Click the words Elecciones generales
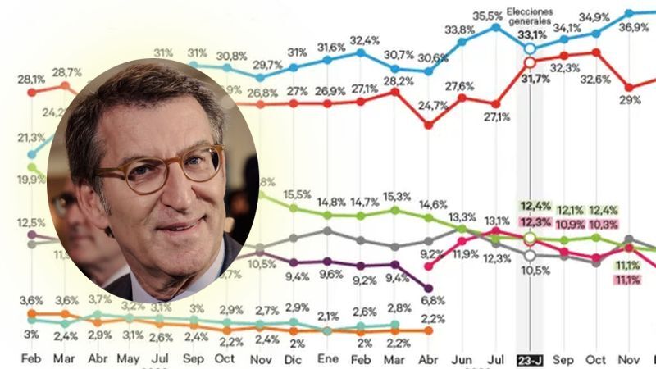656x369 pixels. coord(530,16)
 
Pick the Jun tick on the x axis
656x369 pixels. coord(462,360)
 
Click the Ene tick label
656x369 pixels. coord(327,360)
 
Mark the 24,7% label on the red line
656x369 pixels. coord(427,105)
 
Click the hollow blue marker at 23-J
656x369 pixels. coord(530,48)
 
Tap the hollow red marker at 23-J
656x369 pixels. coord(530,62)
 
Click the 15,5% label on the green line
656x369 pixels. coord(295,194)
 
